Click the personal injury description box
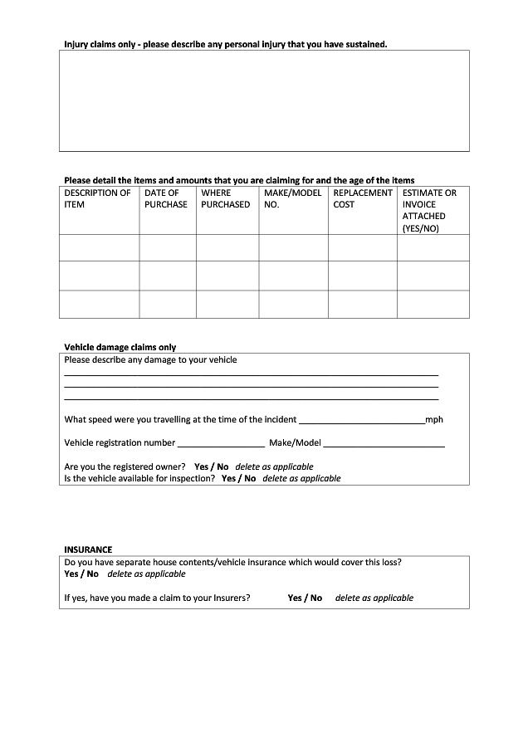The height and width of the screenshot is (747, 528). click(264, 100)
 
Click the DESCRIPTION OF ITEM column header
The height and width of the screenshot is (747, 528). click(97, 198)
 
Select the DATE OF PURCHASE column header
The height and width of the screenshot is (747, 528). click(166, 198)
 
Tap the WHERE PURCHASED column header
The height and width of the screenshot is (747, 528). click(225, 198)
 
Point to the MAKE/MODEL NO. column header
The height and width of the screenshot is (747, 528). click(292, 198)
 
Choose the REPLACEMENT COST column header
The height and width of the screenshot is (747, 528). click(362, 198)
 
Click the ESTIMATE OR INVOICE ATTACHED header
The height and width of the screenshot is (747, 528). click(430, 210)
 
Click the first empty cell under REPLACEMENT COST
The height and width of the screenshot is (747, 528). click(363, 247)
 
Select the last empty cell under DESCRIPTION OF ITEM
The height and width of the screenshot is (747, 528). click(99, 304)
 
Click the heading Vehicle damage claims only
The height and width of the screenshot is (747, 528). click(120, 347)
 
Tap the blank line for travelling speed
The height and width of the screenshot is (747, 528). click(361, 421)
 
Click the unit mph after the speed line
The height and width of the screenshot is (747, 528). click(434, 420)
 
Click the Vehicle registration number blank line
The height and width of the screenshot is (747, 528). click(221, 444)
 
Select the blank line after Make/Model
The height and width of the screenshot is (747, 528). click(384, 444)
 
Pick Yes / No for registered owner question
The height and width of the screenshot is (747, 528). click(211, 466)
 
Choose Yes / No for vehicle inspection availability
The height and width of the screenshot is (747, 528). click(238, 478)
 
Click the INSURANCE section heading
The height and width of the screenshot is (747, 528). click(88, 549)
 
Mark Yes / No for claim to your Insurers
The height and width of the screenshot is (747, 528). click(305, 598)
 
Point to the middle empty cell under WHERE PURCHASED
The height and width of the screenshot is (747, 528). click(227, 276)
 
